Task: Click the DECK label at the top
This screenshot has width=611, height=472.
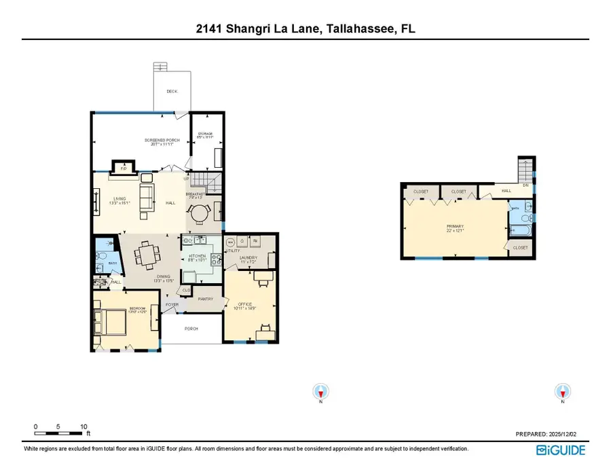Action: tap(172, 91)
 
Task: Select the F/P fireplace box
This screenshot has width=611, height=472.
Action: tap(124, 168)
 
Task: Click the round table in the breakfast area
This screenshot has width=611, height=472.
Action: tap(198, 214)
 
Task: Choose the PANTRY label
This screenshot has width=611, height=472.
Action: tap(205, 299)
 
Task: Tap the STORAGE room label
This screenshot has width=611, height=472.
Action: tap(204, 134)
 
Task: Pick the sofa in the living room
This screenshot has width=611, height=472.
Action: tap(146, 197)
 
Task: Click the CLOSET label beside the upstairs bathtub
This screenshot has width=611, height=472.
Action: tap(520, 248)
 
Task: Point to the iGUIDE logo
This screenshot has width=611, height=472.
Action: tap(561, 450)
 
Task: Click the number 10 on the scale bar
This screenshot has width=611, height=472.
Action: tap(84, 426)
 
